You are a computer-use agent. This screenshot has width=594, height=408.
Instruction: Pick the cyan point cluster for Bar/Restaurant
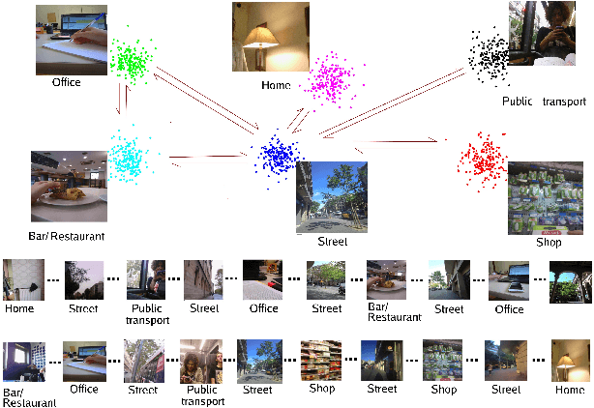126,155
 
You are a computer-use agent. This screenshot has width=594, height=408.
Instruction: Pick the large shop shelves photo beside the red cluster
545,198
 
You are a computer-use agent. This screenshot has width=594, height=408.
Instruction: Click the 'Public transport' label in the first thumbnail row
147,313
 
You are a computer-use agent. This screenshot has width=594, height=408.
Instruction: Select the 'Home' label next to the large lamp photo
276,85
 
